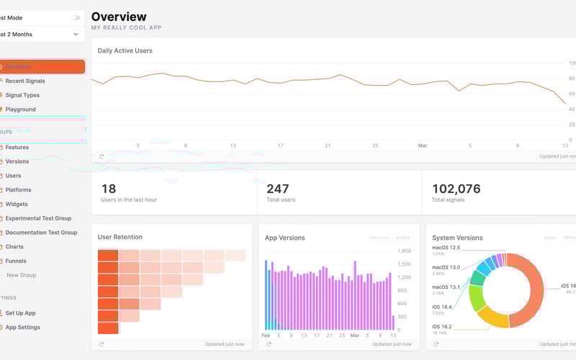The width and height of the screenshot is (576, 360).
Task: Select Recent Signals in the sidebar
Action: tap(25, 81)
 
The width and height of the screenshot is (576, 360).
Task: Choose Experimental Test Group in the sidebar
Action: tap(38, 218)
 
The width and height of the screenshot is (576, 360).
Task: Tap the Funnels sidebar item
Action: tap(17, 261)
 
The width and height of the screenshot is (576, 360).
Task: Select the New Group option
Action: tap(21, 275)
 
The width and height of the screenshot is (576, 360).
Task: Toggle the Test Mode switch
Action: tap(76, 17)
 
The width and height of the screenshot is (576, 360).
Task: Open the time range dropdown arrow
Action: tap(76, 34)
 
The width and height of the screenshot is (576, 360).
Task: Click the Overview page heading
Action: tap(119, 17)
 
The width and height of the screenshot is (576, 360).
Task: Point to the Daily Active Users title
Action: tap(125, 50)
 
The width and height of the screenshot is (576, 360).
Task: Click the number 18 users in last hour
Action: tap(109, 189)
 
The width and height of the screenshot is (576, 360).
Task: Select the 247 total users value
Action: tap(277, 189)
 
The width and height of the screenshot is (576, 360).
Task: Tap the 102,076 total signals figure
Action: tap(456, 189)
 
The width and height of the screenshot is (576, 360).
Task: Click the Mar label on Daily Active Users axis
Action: tap(423, 145)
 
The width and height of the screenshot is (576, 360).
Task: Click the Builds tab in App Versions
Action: tap(403, 238)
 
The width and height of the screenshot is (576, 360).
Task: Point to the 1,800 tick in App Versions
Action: tap(404, 251)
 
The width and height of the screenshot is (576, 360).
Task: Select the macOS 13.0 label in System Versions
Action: tap(446, 267)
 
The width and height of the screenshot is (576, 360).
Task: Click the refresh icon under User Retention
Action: tap(102, 344)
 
